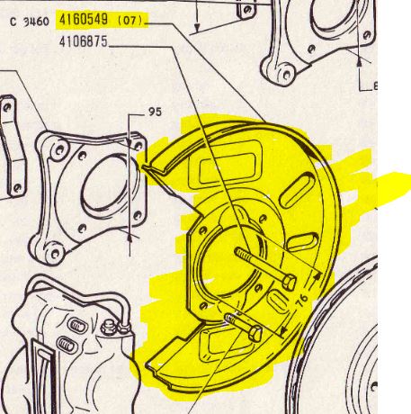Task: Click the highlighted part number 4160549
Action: pos(84,20)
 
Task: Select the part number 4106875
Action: pos(84,41)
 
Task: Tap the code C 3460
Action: pos(30,22)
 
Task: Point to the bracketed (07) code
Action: pos(130,21)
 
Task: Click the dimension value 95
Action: pos(155,112)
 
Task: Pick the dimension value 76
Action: pos(302,299)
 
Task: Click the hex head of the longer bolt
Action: pos(290,283)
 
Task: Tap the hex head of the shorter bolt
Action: pos(255,333)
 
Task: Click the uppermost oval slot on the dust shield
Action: pos(297,191)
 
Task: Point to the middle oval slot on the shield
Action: pos(302,242)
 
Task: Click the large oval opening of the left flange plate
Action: pos(110,185)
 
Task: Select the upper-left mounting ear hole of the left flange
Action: pos(59,149)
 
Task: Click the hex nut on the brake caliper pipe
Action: pos(109,328)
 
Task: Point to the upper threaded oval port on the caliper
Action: pos(77,326)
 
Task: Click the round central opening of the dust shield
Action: pos(228,264)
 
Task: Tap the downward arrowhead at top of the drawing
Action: pos(197,28)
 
